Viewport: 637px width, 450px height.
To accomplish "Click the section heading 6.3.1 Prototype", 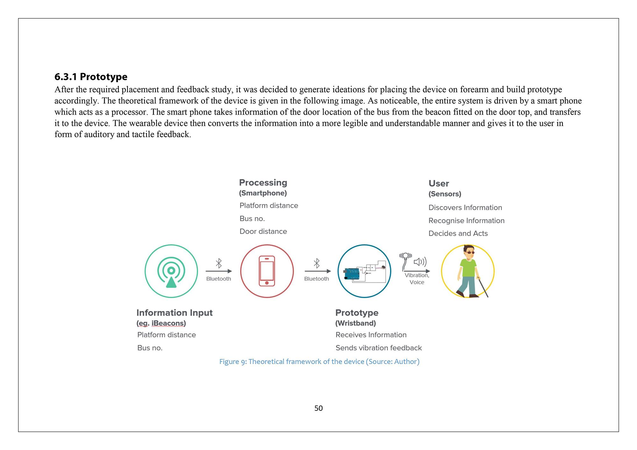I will coord(91,77).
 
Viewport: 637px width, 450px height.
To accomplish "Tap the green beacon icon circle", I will coord(171,271).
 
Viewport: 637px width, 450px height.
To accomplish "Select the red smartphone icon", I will coord(267,271).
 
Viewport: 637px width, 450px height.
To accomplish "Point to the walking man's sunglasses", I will coord(469,253).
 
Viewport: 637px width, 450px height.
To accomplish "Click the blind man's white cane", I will coord(483,288).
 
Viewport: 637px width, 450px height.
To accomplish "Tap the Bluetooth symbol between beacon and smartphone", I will coord(219,263).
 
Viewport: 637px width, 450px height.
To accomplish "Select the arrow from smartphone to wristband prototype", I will coord(318,271).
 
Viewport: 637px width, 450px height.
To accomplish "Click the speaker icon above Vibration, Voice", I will coord(420,262).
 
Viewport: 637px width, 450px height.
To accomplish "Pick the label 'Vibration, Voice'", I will coord(417,279).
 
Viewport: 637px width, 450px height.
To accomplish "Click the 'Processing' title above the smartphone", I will coord(263,182).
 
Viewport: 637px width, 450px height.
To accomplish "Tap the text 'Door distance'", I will coord(263,232).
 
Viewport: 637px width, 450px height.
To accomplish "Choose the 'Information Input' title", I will coord(174,313).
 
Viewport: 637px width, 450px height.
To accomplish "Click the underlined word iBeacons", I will coord(168,323).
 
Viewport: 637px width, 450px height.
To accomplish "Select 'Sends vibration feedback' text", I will coord(378,348).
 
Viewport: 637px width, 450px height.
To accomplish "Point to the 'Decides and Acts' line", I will coord(458,233).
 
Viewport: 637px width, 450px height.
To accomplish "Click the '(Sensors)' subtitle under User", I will coord(445,194).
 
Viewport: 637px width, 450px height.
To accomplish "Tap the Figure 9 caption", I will coord(319,361).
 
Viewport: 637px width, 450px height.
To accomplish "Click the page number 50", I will coord(318,408).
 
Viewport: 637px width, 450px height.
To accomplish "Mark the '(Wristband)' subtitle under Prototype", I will coord(355,323).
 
